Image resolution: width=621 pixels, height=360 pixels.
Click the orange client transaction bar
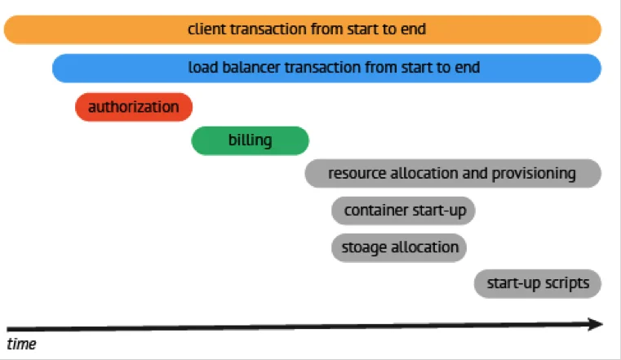[x=303, y=29]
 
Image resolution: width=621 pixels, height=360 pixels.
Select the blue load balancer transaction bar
[x=326, y=68]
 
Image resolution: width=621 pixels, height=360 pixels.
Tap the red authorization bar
[x=134, y=107]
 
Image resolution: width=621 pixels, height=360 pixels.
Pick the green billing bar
[x=250, y=140]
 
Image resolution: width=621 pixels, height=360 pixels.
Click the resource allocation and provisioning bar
[x=453, y=173]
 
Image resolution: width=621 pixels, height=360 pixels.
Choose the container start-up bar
[x=403, y=211]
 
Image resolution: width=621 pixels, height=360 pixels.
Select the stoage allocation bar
[x=399, y=247]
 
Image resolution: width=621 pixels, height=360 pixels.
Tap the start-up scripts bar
[x=538, y=283]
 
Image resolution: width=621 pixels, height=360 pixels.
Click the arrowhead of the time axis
[x=596, y=324]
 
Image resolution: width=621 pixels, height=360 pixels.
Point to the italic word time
[x=21, y=344]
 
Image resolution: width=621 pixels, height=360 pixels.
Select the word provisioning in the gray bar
[x=534, y=174]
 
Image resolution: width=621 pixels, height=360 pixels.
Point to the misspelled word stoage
[x=364, y=248]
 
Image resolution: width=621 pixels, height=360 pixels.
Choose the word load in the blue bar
[x=202, y=67]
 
